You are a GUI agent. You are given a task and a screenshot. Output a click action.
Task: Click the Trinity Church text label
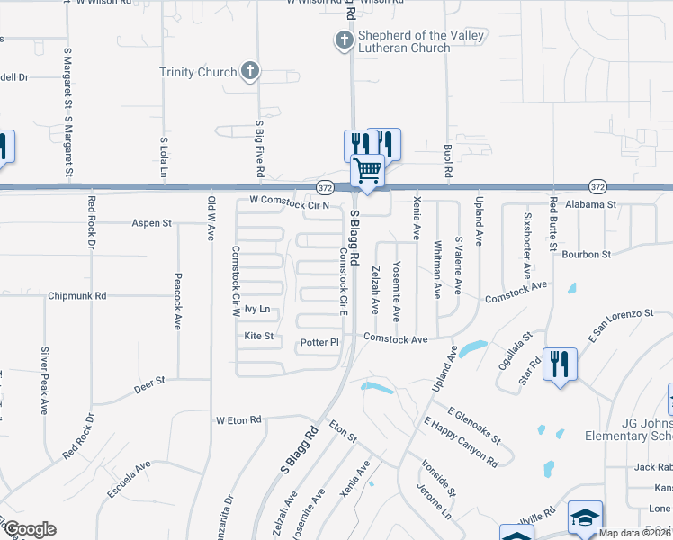198,72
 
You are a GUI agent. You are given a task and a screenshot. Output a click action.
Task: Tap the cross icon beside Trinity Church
250,71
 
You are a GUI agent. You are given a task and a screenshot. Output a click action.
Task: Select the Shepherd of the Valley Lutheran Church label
409,41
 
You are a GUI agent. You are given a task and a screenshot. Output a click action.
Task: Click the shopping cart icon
367,169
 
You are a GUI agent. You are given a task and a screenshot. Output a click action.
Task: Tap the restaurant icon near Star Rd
560,364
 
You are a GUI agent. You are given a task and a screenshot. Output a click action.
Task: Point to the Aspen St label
151,223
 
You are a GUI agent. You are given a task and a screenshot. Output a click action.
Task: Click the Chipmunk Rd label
77,295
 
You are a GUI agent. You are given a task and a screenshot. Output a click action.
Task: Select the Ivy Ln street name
257,309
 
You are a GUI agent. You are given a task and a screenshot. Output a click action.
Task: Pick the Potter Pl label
319,343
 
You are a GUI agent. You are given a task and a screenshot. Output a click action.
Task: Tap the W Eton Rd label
238,420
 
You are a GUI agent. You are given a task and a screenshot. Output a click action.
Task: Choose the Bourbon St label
587,255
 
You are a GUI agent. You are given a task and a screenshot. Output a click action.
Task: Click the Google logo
30,529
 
